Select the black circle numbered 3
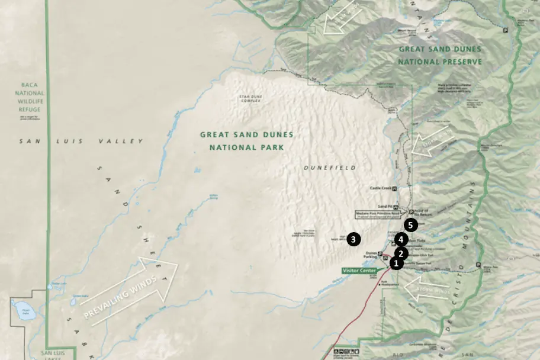tap(353, 239)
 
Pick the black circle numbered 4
tap(401, 240)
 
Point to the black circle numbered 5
tap(412, 225)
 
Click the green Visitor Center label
tap(359, 270)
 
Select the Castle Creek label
tap(381, 188)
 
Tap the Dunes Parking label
tap(372, 255)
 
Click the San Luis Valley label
tap(81, 142)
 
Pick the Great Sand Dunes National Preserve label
tap(439, 55)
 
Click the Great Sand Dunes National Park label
tap(246, 141)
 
